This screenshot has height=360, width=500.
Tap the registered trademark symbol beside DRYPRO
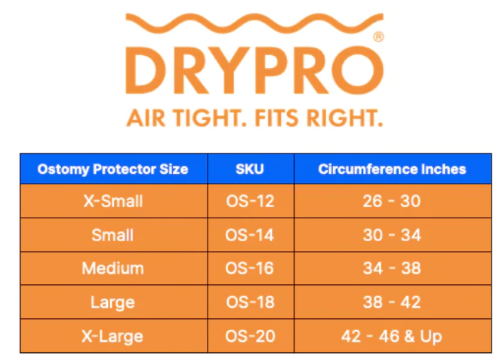(x=377, y=37)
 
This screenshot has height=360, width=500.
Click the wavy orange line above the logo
(x=249, y=21)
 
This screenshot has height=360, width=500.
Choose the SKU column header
(x=250, y=169)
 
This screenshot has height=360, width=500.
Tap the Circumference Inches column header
(x=392, y=169)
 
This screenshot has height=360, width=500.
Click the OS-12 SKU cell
(x=250, y=201)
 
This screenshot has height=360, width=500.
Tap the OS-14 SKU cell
(x=250, y=235)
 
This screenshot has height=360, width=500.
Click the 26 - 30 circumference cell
(x=392, y=201)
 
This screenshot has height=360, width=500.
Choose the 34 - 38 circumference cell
(x=392, y=269)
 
